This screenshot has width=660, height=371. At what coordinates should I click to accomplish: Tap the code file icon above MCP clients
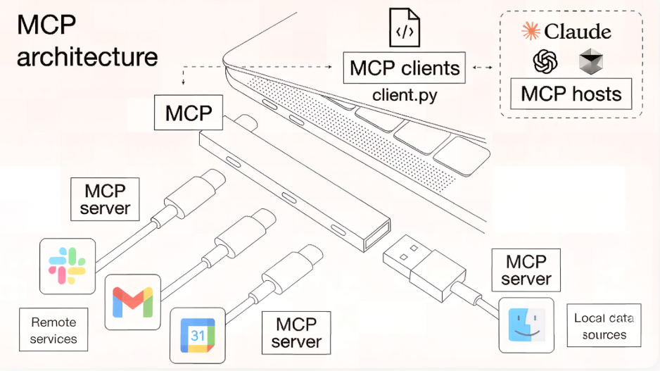tap(405, 29)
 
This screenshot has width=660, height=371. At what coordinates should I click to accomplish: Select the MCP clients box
tap(405, 68)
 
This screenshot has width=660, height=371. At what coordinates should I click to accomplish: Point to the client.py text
tap(405, 94)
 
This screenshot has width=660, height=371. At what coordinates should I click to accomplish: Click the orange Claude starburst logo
tap(530, 31)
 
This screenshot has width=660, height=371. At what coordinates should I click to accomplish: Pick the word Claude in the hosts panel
tap(578, 32)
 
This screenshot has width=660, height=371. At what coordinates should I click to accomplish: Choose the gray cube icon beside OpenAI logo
tap(590, 63)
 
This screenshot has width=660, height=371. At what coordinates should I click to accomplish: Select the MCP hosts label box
tap(571, 94)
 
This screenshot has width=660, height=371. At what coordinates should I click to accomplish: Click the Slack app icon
tap(67, 265)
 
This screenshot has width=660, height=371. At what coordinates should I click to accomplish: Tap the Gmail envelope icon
tap(132, 303)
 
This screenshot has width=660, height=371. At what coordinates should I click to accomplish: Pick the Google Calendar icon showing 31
tap(198, 334)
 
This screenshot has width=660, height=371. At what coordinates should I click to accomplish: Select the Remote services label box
tap(54, 329)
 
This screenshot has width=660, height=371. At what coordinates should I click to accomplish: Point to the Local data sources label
tap(604, 326)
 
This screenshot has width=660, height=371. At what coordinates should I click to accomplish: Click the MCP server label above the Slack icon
tap(105, 200)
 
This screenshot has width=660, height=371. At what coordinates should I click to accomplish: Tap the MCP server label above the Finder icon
tap(526, 270)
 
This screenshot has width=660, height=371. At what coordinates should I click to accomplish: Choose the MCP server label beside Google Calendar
tap(296, 333)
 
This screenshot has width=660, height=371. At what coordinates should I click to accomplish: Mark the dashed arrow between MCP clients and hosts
tap(482, 68)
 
